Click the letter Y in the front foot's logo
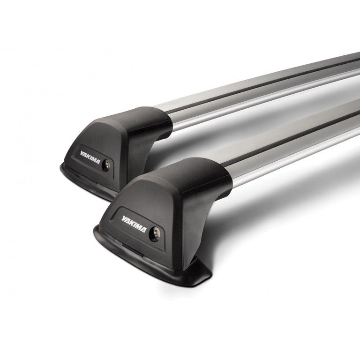pyautogui.click(x=123, y=217)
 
